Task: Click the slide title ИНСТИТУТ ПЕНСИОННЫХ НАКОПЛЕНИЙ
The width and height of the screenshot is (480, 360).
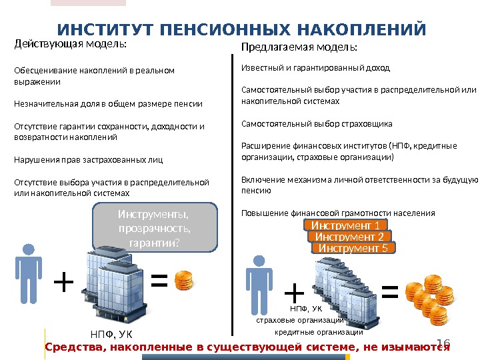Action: coord(241,30)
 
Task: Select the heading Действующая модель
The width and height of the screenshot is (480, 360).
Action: coord(70,45)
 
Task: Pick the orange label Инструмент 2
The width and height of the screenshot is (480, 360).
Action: coord(349,237)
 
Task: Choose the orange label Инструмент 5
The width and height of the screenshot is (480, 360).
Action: coord(353,248)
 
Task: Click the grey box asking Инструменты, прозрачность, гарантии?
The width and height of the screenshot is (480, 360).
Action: coord(153,227)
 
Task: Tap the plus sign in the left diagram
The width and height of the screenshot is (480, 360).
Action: coord(63,283)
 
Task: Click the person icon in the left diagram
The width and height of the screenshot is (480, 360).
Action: coord(28,273)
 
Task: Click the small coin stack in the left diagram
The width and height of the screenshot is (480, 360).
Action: coord(185,281)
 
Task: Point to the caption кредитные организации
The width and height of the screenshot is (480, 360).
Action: coord(319,332)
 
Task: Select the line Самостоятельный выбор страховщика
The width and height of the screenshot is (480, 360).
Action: coord(316,124)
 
